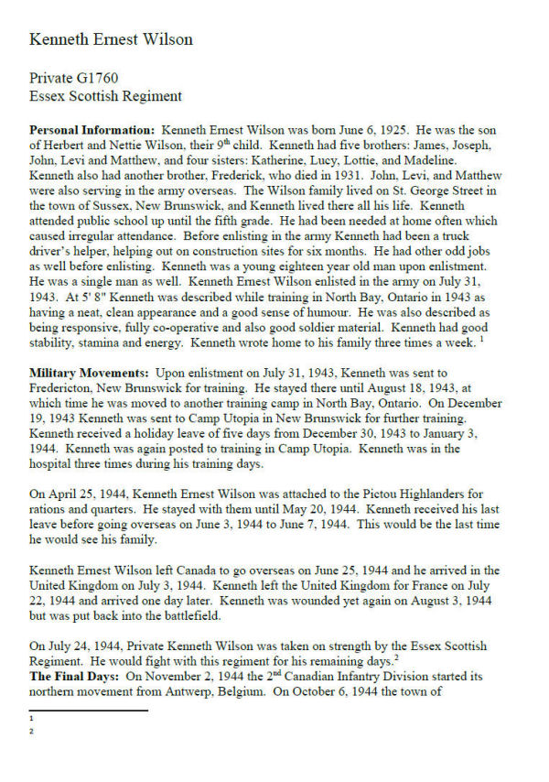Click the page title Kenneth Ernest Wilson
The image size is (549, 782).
[111, 39]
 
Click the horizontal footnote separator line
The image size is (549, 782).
[88, 710]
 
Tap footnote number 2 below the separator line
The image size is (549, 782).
[31, 731]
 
